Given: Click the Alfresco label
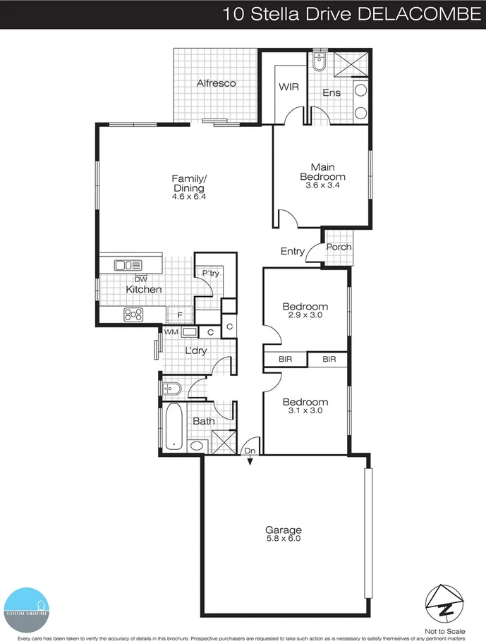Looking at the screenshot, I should coord(216,84).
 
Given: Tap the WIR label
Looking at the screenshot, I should coord(288,88).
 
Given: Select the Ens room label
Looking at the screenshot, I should coord(332,93).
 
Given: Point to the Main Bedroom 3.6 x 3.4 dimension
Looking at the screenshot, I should coord(322,185).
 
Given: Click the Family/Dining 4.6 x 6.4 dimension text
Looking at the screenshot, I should coord(188,198).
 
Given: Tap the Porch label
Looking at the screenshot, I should coord(339,248).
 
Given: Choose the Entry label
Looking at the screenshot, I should coord(293,252).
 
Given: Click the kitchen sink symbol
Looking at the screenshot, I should coord(128,265).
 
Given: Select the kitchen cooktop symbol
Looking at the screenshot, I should coord(133,315).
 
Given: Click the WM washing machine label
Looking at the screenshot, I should coord(171,331).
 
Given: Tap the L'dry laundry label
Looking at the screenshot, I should coord(195,350).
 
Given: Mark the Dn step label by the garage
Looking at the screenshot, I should coord(250,450).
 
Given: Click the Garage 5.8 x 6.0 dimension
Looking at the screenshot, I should coord(283,539).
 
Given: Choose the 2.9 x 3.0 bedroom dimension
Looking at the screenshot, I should coord(305,316).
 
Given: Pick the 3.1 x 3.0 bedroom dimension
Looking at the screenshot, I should coord(305,411).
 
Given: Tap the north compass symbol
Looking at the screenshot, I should coord(444,600).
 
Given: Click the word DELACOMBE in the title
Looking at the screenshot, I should coord(418,13).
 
